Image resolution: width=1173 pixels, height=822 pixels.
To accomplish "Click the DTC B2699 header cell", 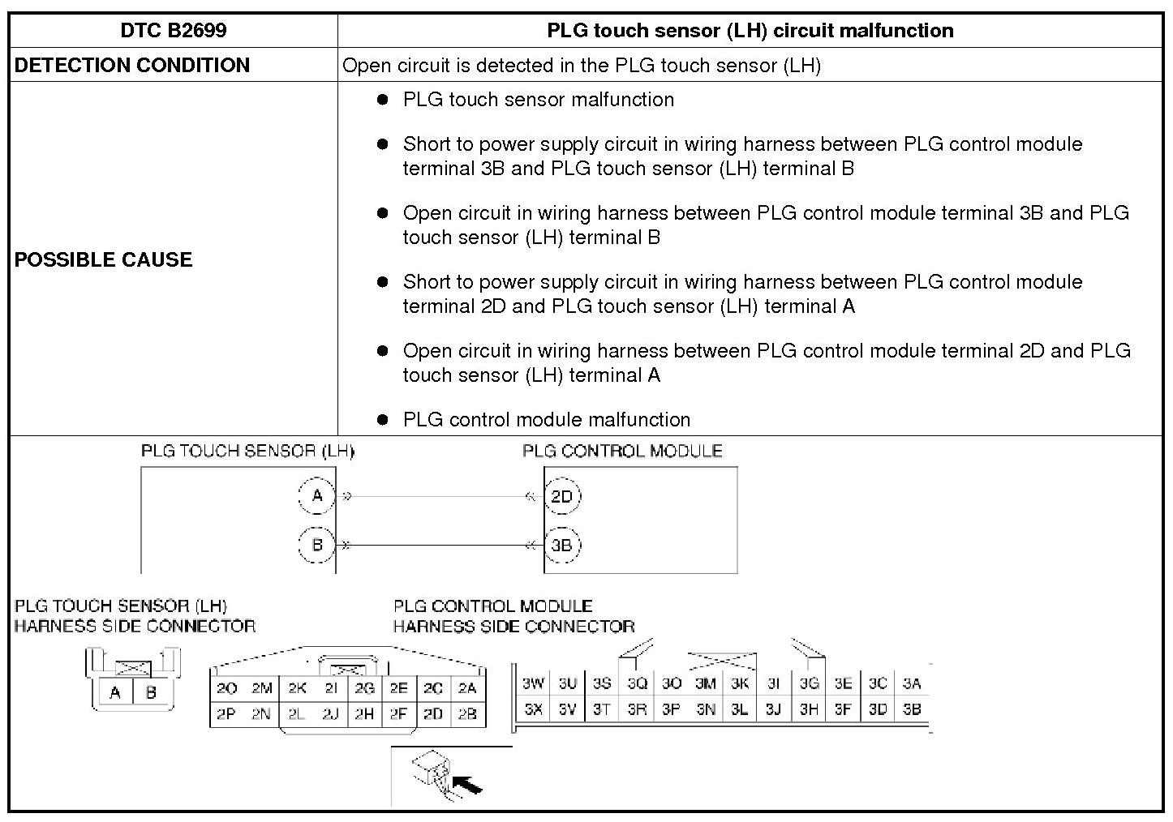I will coord(173,31).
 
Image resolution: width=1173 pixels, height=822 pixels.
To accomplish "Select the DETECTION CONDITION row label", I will coord(131,65).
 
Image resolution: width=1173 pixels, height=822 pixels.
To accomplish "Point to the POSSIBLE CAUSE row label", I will coord(104,259).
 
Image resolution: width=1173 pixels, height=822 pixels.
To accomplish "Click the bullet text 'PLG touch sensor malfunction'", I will coord(538,100).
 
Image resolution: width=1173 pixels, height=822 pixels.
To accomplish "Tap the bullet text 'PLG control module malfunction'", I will coord(546,420).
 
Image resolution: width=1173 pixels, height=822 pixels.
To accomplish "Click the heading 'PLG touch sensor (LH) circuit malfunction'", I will coord(750,31).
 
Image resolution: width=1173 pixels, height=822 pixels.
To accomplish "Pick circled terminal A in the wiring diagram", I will coord(317,496).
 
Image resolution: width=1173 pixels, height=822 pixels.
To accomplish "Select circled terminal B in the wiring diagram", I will coord(317,545).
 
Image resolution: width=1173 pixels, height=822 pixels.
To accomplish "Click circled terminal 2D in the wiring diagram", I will coord(561,497).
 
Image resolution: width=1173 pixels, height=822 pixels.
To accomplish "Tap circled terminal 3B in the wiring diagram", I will coord(561,546).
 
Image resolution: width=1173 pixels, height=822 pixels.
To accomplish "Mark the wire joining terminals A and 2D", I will coord(438,496).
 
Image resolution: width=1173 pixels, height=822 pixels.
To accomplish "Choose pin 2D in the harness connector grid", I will coord(433,714).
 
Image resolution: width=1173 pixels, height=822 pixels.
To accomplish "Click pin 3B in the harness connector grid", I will coord(912,709).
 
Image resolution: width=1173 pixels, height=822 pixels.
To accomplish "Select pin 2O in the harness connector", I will coord(227,689).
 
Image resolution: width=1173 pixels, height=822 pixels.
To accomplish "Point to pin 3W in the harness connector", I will coord(533,683).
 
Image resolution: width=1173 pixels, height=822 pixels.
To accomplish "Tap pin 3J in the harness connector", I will coord(773,709).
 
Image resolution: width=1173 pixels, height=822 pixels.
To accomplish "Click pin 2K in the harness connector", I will coord(297,689).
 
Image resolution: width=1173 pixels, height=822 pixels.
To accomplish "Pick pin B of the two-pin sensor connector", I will coord(151,692).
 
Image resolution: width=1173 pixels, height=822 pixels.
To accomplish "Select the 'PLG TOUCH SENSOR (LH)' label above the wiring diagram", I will coord(247,451).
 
